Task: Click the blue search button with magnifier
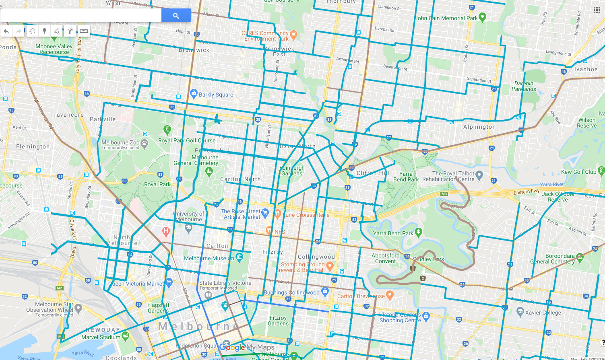pyautogui.click(x=176, y=16)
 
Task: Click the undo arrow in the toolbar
pyautogui.click(x=6, y=31)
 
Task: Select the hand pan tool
pyautogui.click(x=33, y=31)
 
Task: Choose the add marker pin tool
pyautogui.click(x=44, y=31)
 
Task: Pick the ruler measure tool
pyautogui.click(x=84, y=31)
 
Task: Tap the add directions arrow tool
pyautogui.click(x=70, y=31)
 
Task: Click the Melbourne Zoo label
pyautogui.click(x=120, y=142)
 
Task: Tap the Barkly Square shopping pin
pyautogui.click(x=194, y=94)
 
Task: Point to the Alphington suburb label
pyautogui.click(x=479, y=127)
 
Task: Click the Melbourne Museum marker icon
pyautogui.click(x=240, y=257)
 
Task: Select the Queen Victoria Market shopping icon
pyautogui.click(x=169, y=282)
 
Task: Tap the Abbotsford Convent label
pyautogui.click(x=386, y=258)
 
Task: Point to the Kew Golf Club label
pyautogui.click(x=578, y=172)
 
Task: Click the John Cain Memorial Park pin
pyautogui.click(x=483, y=17)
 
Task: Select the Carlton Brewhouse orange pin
pyautogui.click(x=389, y=295)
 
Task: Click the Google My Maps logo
pyautogui.click(x=246, y=347)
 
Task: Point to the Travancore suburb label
pyautogui.click(x=67, y=115)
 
